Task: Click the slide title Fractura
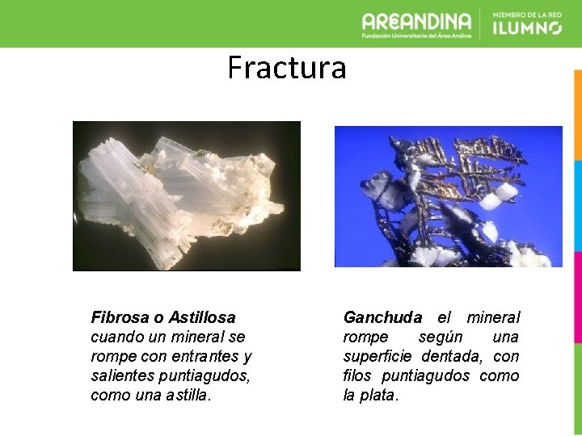(x=286, y=68)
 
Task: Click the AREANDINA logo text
(x=416, y=19)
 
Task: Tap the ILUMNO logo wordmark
(x=526, y=28)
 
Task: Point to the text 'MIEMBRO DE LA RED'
(x=526, y=14)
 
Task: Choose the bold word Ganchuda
(x=382, y=317)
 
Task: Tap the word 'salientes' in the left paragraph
(x=118, y=375)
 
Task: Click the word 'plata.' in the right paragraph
(x=379, y=395)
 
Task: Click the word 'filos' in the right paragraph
(x=358, y=375)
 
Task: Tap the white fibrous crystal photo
(x=186, y=195)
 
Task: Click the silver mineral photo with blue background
(x=448, y=196)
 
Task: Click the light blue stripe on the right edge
(x=577, y=206)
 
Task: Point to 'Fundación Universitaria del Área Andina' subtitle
(x=416, y=35)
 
